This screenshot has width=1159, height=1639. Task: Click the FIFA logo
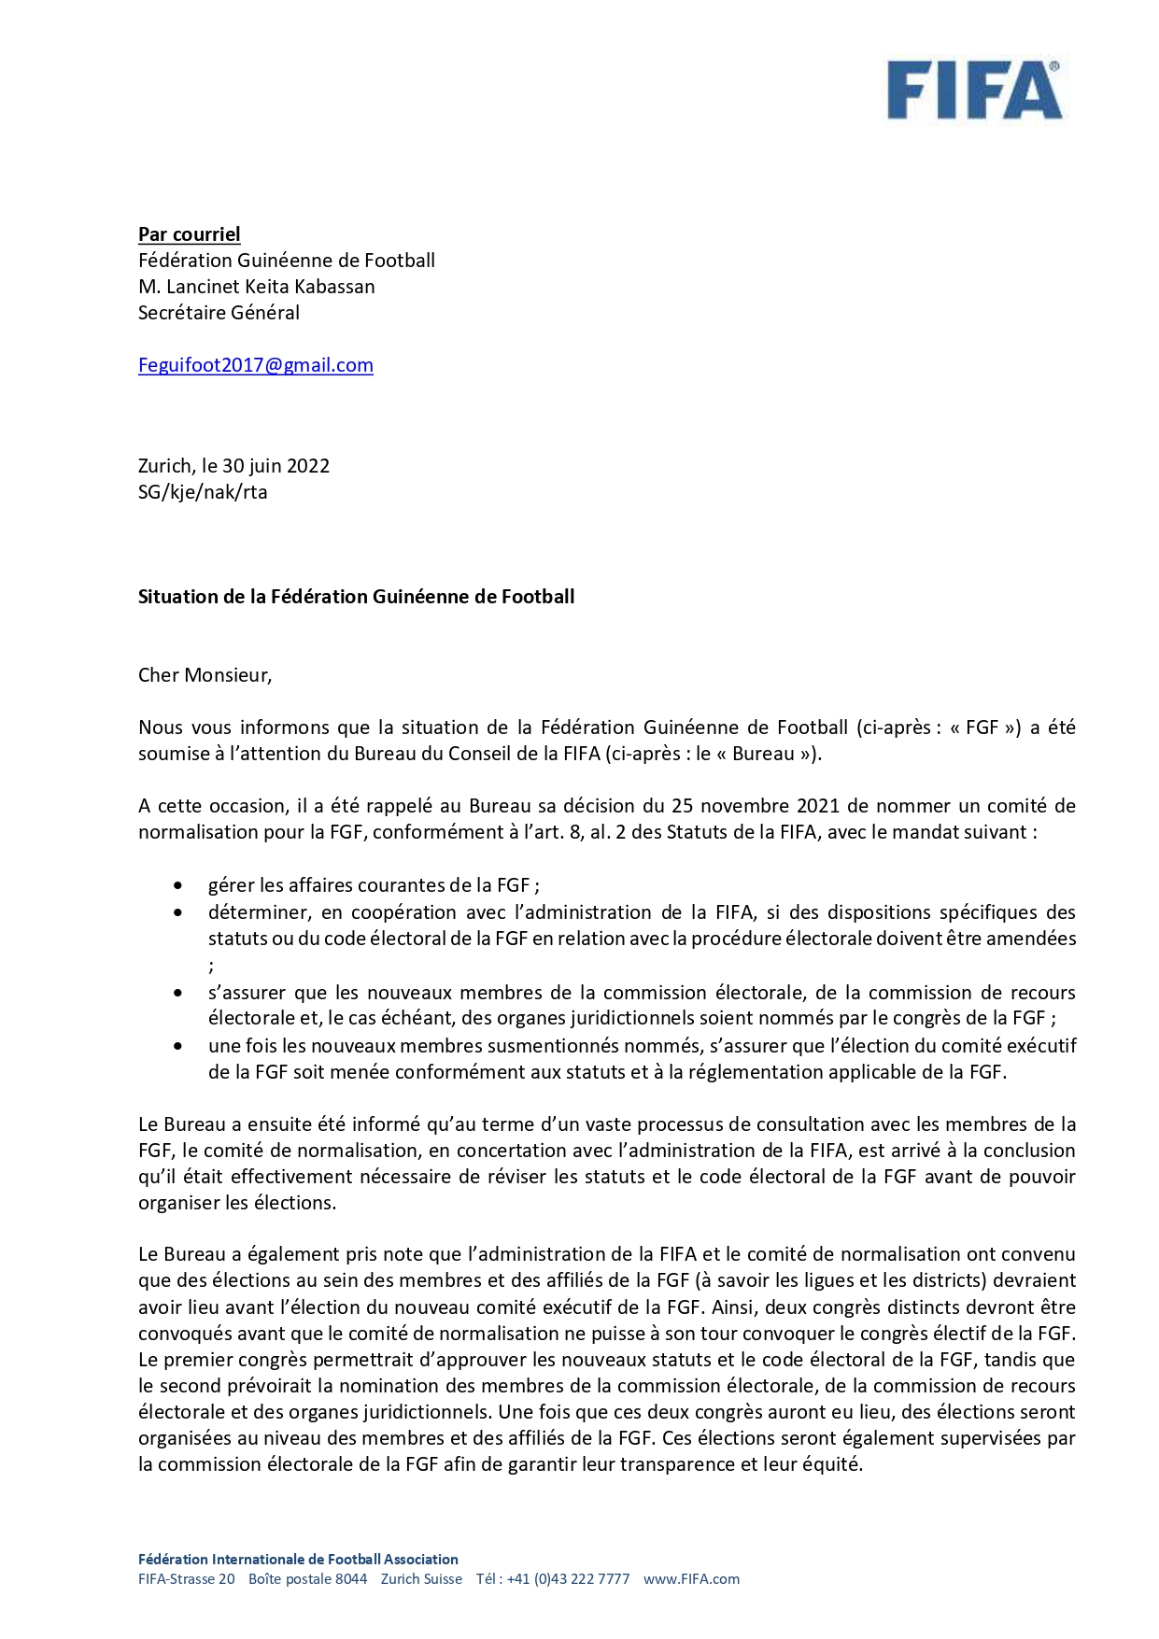[x=973, y=91]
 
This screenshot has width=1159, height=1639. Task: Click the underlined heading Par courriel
[x=189, y=234]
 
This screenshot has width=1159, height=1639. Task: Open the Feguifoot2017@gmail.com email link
[x=255, y=365]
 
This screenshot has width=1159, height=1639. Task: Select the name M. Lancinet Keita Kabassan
[x=256, y=287]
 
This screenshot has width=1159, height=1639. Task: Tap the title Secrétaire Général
[x=219, y=313]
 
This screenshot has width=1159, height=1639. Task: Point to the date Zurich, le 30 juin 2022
[x=233, y=466]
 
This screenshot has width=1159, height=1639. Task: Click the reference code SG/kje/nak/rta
[x=203, y=492]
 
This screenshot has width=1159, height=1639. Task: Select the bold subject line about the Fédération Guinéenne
[x=356, y=597]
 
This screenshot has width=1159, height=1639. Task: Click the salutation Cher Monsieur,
[x=205, y=675]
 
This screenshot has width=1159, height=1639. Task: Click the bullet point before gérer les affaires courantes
[x=177, y=885]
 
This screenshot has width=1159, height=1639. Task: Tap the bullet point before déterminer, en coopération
[x=177, y=912]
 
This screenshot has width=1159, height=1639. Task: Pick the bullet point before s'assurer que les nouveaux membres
[x=177, y=993]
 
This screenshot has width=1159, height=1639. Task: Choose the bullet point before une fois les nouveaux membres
[x=177, y=1046]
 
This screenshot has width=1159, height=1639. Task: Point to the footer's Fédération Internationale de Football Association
[x=298, y=1559]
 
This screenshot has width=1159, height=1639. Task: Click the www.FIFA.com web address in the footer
[x=691, y=1579]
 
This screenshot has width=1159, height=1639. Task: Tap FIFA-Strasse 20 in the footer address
[x=187, y=1579]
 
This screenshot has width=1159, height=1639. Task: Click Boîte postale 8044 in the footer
[x=307, y=1579]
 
